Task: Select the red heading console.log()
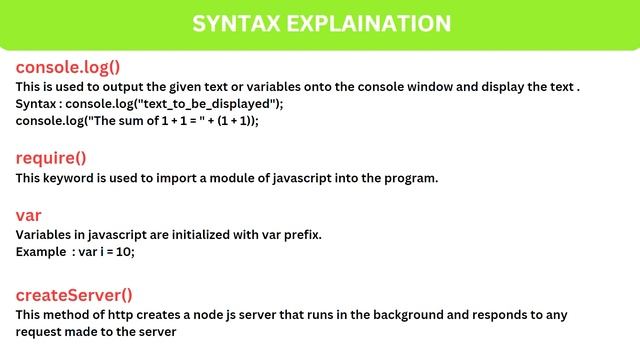(x=68, y=68)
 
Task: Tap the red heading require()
(x=51, y=158)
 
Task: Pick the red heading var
(x=28, y=215)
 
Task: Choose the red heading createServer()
(x=74, y=295)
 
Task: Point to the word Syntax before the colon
(x=38, y=104)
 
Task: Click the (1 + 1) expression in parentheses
(x=232, y=120)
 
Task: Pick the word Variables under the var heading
(x=46, y=235)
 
